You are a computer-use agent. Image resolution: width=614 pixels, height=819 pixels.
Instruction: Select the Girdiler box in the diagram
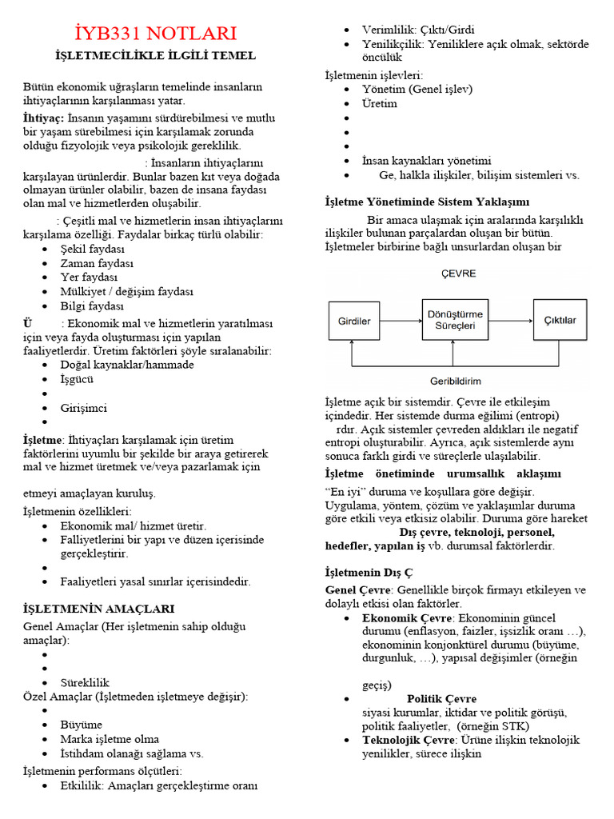coord(354,322)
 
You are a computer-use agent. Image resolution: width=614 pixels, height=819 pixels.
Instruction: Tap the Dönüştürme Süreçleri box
coord(454,321)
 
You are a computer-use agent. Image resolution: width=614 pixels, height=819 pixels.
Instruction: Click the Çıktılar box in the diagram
coord(560,322)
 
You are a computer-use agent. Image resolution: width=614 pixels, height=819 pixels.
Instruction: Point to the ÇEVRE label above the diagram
coord(459,274)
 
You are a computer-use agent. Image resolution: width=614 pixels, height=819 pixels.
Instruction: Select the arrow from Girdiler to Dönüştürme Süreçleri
coord(401,322)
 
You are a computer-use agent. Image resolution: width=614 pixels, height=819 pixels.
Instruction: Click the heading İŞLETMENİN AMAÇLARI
coord(99,609)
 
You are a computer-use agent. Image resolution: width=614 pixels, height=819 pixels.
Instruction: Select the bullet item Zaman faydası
coord(97,263)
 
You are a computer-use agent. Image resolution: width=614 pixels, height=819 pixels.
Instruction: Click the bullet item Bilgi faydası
coord(92,306)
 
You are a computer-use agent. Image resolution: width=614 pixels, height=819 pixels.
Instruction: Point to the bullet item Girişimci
coord(83,408)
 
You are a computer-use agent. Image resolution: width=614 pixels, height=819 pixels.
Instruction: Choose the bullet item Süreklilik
coord(84,682)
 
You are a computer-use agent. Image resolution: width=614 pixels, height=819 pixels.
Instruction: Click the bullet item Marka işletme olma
coord(110,738)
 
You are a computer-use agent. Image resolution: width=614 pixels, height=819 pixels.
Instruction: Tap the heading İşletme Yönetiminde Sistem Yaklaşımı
coord(427,202)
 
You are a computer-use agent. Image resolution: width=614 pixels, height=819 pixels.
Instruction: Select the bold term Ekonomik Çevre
coord(406,618)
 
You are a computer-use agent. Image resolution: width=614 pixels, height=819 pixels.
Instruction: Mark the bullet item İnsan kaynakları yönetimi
coord(426,161)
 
